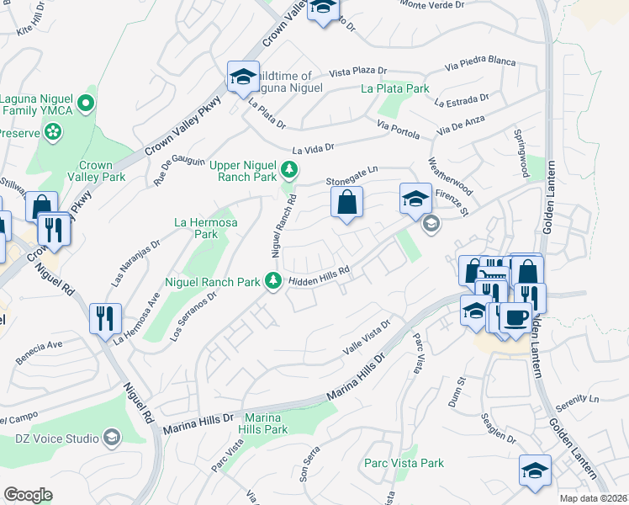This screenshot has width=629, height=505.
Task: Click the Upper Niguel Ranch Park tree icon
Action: pos(289,171)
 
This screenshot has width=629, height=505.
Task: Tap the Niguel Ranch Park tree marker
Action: pos(272,281)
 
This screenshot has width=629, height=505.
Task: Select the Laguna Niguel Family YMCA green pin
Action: pos(85,104)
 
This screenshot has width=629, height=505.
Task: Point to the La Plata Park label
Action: pos(395,88)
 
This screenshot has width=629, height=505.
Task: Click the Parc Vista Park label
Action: pos(404,463)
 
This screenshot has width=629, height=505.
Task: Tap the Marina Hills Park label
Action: pos(266,423)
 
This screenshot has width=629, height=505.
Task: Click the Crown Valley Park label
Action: pos(102,171)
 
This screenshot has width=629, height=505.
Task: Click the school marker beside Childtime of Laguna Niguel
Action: pos(242,78)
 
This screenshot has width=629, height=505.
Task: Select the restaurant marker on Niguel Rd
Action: pos(106,318)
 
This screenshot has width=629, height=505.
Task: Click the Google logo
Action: pos(28,495)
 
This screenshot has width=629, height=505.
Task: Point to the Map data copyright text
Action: pos(592,498)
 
